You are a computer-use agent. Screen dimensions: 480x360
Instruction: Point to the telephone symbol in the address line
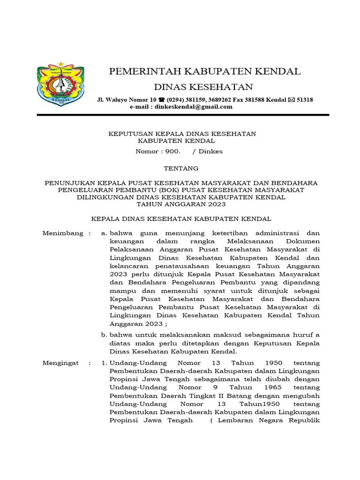[x=162, y=100]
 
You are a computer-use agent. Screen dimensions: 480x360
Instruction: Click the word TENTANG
[x=181, y=168]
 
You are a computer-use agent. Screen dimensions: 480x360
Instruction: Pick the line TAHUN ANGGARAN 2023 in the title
[x=181, y=204]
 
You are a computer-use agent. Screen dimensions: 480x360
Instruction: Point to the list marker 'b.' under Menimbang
[x=104, y=335]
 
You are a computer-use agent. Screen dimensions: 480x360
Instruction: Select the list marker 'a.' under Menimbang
[x=104, y=233]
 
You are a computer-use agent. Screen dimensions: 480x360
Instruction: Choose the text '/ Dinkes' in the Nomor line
[x=210, y=151]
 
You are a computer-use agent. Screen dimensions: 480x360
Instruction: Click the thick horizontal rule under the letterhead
[x=183, y=115]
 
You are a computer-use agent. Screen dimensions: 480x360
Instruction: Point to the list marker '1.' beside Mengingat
[x=104, y=363]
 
